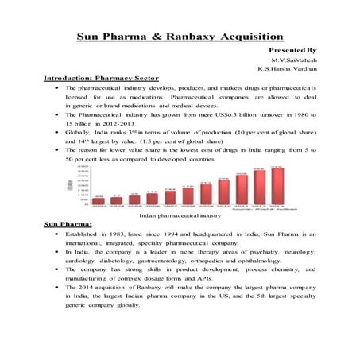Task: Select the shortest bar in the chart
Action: coord(99,201)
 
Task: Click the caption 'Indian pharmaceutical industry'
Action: coord(180,215)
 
